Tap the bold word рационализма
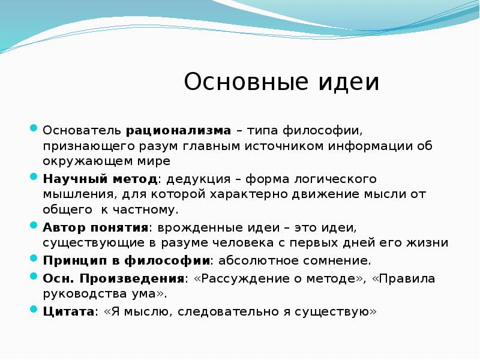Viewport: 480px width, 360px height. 179,130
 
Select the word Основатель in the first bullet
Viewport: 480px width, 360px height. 82,130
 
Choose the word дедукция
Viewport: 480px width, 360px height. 199,179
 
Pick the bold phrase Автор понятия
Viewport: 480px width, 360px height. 95,229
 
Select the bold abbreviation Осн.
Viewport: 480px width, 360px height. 58,279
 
